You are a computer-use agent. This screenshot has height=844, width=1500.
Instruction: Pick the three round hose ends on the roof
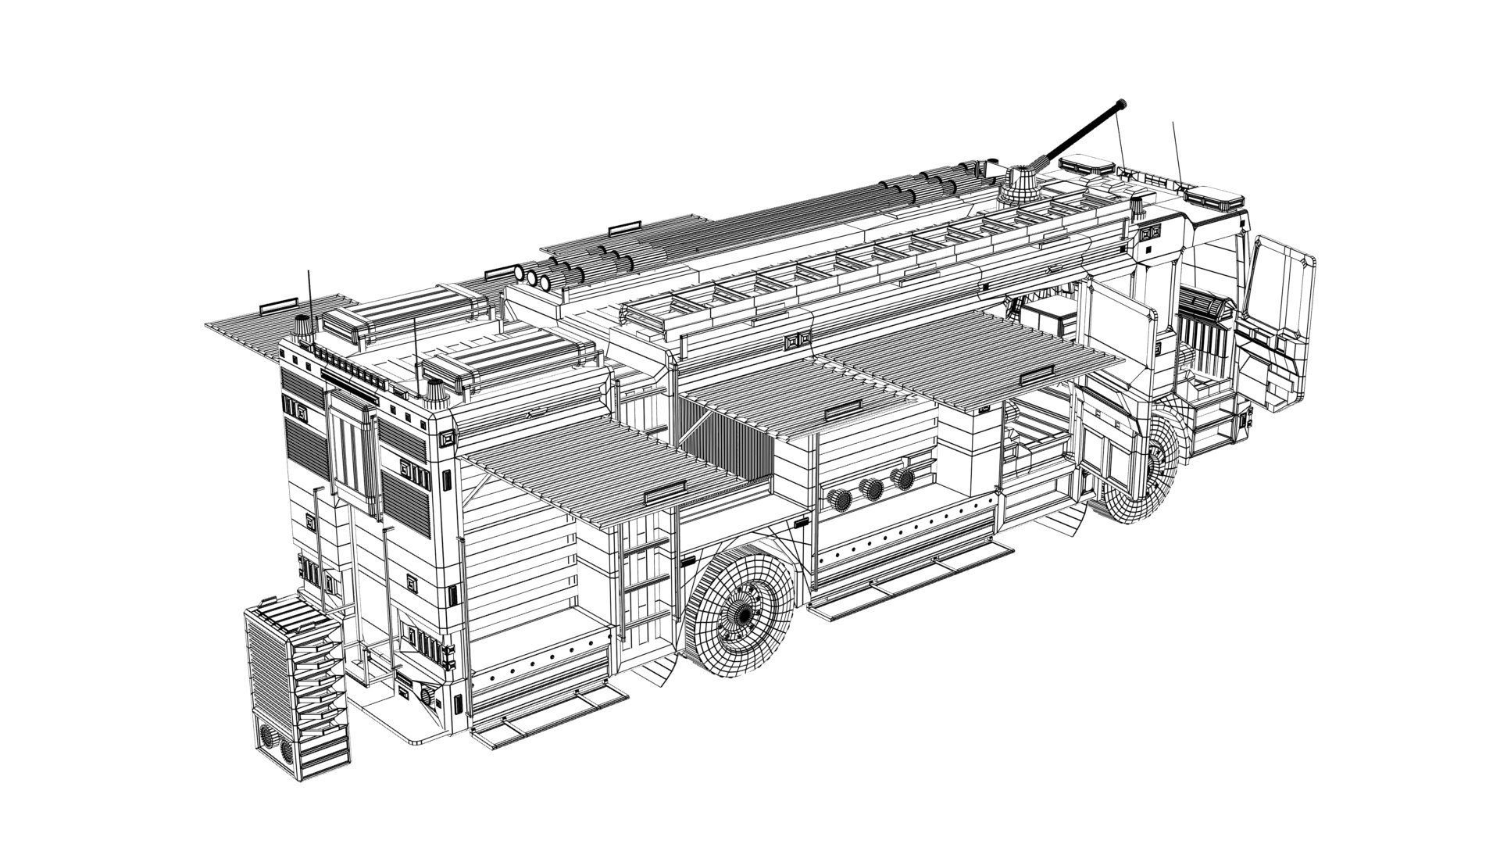point(534,277)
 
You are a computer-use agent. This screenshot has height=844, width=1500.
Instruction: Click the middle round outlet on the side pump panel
point(872,488)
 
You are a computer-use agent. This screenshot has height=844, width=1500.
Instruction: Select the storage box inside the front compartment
point(1051,316)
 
